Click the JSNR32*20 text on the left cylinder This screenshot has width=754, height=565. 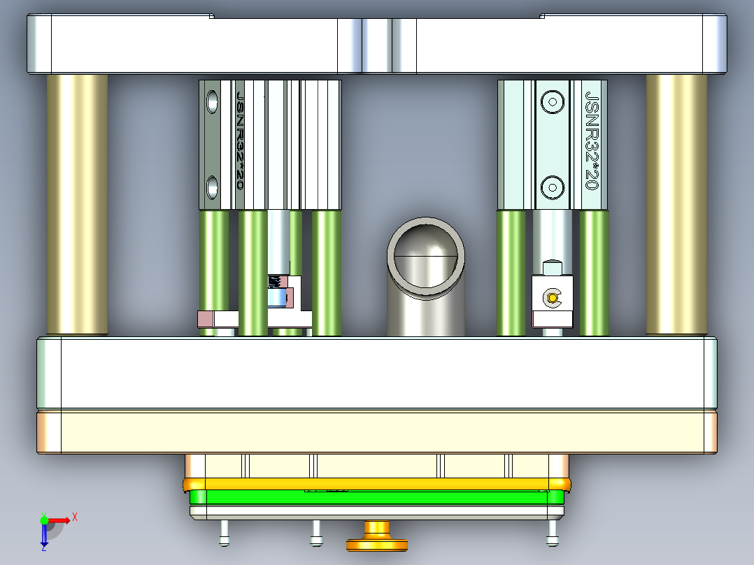[240, 140]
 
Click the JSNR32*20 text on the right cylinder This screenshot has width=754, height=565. [591, 140]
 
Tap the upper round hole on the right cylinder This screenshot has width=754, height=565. [553, 101]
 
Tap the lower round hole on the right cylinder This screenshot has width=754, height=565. [553, 187]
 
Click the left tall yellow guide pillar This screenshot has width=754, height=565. [77, 203]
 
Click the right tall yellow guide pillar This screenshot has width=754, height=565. [676, 203]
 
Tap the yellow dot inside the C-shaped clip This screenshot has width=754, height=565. [553, 299]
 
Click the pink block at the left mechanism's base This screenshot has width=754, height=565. [205, 319]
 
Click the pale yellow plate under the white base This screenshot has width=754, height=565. [378, 432]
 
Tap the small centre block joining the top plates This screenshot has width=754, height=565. [377, 45]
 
